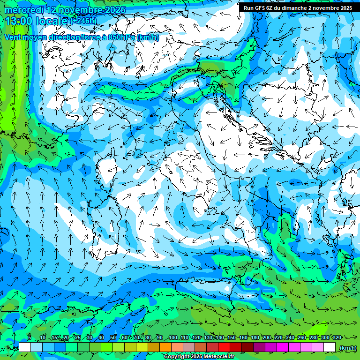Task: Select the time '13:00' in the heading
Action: [18, 21]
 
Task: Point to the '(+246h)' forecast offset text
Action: [83, 21]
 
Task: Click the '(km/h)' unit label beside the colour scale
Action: [347, 347]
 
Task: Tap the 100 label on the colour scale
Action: [172, 337]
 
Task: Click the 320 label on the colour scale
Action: [337, 337]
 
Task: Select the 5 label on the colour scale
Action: [30, 337]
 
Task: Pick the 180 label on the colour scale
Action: [255, 337]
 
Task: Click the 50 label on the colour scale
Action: [112, 337]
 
